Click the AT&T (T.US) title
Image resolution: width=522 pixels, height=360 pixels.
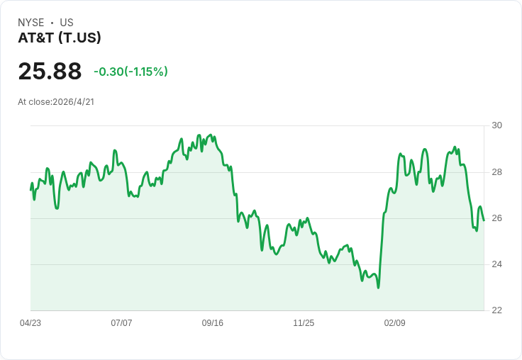pos(60,38)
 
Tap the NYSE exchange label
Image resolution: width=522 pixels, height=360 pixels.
pos(31,23)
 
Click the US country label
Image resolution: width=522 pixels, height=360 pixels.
pos(67,23)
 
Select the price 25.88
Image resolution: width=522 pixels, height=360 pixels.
pos(50,71)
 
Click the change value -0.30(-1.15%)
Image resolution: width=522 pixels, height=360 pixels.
pos(130,72)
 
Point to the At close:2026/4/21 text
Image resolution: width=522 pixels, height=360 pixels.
pos(56,102)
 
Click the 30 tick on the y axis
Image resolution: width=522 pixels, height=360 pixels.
pos(496,125)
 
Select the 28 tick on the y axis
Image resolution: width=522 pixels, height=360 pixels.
pos(496,172)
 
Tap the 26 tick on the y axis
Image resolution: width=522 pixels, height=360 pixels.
pos(496,218)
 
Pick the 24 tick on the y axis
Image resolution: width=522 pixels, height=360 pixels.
pos(496,264)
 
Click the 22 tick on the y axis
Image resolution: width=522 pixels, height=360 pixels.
pos(496,310)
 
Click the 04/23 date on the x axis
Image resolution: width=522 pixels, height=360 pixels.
pos(30,323)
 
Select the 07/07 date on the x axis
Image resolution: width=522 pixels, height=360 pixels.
pos(121,323)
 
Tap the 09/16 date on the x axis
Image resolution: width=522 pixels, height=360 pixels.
pos(212,323)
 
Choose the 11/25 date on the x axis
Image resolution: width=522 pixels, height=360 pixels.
pos(304,323)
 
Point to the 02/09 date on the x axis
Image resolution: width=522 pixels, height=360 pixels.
pos(395,323)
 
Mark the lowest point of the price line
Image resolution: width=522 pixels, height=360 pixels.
pos(378,288)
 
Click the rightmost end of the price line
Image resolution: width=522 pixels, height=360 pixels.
pos(484,220)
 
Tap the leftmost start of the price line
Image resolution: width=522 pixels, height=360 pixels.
pos(30,190)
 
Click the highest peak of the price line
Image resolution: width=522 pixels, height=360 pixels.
pos(210,135)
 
